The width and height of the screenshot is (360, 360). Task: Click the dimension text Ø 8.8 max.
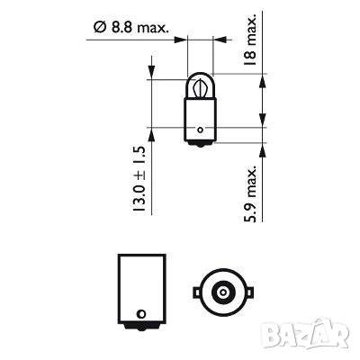pyautogui.click(x=130, y=29)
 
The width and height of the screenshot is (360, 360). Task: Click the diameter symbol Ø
pyautogui.click(x=98, y=29)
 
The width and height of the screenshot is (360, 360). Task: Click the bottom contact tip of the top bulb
pyautogui.click(x=201, y=143)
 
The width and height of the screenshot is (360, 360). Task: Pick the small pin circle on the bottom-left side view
pyautogui.click(x=140, y=314)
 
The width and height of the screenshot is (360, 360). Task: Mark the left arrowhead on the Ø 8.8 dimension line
pyautogui.click(x=184, y=40)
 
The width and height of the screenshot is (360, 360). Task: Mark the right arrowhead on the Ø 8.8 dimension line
pyautogui.click(x=217, y=40)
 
